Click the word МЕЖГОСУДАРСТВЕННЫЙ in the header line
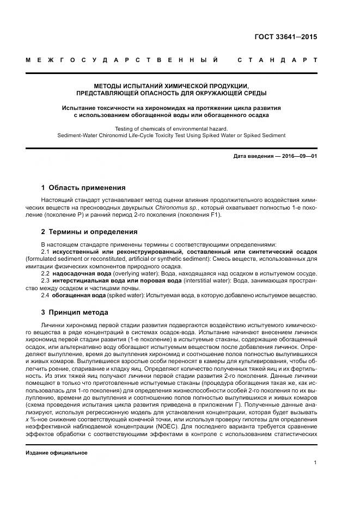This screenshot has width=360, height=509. [122, 60]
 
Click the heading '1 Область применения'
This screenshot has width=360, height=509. [83, 188]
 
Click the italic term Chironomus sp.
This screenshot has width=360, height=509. [170, 208]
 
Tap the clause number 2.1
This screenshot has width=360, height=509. [46, 253]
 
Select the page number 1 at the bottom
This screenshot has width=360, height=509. [315, 463]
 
